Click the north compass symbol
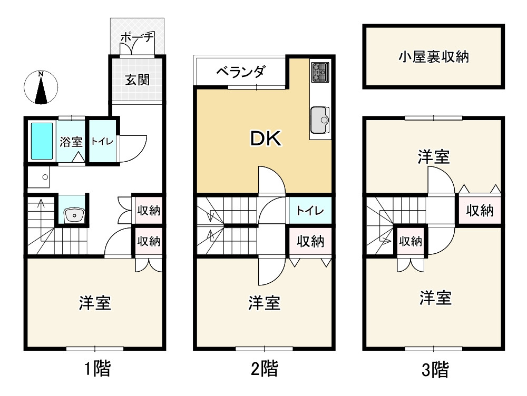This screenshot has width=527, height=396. (41, 87)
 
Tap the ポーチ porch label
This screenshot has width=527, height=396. (136, 38)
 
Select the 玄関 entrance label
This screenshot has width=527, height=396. (137, 80)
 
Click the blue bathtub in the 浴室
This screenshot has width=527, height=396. (42, 141)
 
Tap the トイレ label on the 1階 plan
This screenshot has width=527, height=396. (101, 142)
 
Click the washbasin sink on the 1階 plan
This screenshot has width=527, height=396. (73, 214)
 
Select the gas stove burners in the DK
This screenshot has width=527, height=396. (320, 72)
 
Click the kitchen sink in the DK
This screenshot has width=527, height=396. (320, 120)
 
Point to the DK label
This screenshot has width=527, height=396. (266, 138)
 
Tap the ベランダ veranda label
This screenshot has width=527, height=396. (240, 72)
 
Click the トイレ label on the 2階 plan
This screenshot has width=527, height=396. (310, 211)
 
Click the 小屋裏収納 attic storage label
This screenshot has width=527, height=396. (433, 57)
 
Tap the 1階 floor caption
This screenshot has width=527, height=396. (97, 369)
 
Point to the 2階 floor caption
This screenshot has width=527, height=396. (264, 369)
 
